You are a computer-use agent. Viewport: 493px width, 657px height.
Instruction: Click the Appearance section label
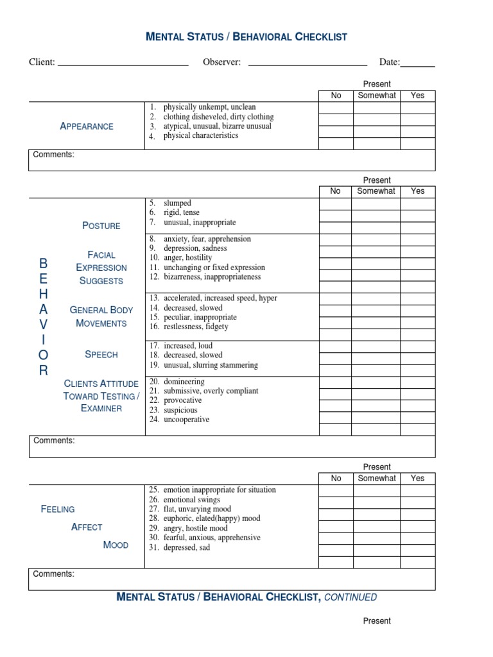(x=87, y=126)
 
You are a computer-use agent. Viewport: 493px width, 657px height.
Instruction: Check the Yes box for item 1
(x=418, y=108)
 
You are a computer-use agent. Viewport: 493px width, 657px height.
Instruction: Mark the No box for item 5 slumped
(x=336, y=204)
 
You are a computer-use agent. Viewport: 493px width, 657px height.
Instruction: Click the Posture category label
(x=101, y=226)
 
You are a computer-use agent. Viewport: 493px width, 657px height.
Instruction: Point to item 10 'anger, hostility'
(x=187, y=258)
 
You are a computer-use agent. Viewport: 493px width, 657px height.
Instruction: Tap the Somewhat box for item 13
(x=376, y=299)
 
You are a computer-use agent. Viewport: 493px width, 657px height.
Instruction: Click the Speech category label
(x=101, y=354)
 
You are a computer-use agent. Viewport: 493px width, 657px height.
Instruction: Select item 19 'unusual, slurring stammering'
(x=210, y=365)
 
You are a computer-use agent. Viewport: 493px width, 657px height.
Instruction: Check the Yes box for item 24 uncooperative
(x=418, y=418)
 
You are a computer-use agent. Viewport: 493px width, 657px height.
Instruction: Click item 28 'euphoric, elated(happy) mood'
(x=212, y=518)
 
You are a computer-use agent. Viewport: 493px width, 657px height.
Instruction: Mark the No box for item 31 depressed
(x=336, y=550)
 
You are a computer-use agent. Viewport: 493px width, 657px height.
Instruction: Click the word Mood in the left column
(x=116, y=545)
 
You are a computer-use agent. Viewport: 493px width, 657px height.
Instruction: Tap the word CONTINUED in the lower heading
(x=350, y=597)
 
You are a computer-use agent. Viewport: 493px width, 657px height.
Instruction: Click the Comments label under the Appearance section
(x=54, y=155)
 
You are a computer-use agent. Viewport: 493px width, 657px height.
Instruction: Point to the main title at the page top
(x=246, y=37)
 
